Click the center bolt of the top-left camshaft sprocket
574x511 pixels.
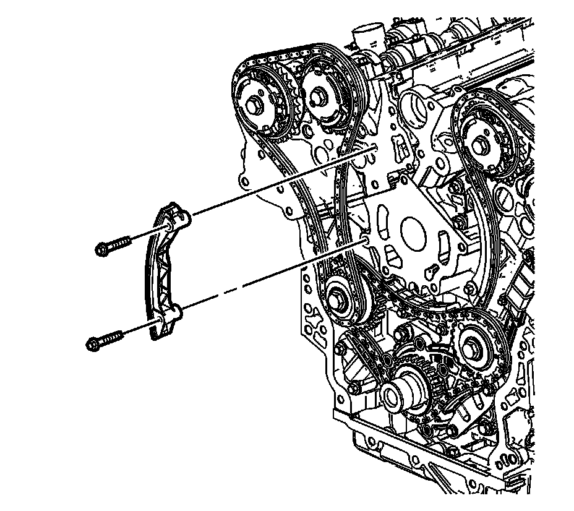click(254, 105)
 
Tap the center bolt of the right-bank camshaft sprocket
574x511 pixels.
click(480, 145)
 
